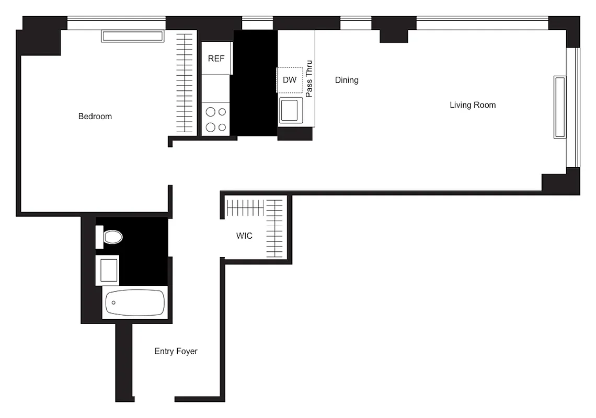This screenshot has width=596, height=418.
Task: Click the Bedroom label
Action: pos(95,117)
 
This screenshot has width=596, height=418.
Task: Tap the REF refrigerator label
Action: pos(216,59)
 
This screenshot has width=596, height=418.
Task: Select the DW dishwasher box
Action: pos(290,80)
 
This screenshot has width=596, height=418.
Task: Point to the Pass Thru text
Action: pos(309,79)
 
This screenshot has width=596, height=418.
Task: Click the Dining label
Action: pos(347,80)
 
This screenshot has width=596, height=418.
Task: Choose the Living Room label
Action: pos(473,105)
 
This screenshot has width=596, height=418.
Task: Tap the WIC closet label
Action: pos(244,236)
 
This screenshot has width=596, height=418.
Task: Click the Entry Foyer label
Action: pos(176,352)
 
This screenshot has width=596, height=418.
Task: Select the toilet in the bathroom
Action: pos(112,237)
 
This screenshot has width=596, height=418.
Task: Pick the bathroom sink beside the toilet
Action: pos(107,270)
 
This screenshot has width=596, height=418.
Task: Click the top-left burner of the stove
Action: pos(211,111)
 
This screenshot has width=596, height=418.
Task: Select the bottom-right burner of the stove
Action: pos(222,127)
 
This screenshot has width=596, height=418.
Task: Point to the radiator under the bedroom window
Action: pos(133,36)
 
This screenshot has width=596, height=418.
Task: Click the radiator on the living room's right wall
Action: pos(560,107)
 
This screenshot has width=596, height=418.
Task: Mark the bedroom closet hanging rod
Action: pos(184,84)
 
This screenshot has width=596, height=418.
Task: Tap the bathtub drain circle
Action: pos(113,303)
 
